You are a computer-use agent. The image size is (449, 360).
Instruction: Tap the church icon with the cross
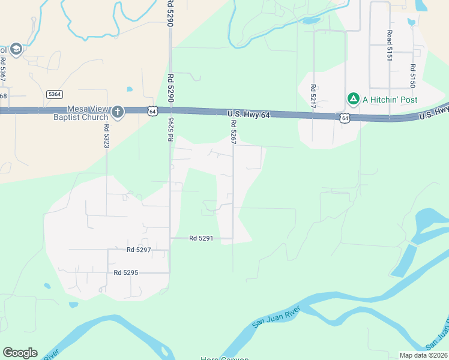tap(117, 112)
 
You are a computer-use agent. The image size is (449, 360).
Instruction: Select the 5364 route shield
tap(55, 94)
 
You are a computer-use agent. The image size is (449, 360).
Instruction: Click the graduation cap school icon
tap(16, 49)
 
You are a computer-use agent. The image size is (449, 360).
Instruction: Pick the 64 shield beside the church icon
tap(152, 110)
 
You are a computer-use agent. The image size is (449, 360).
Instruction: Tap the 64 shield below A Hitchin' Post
tap(345, 118)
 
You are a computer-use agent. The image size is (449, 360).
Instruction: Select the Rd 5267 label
tap(233, 131)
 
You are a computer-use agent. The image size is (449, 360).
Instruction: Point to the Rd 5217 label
tap(313, 96)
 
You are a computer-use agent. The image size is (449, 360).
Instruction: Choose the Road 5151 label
tap(389, 46)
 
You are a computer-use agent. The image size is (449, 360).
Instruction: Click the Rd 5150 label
tap(413, 76)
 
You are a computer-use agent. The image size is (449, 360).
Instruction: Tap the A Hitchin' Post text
tap(390, 100)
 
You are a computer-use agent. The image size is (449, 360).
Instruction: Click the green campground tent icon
tap(354, 99)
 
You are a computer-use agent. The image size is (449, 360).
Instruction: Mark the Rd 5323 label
tap(106, 136)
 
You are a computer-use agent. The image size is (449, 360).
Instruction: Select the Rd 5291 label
tap(201, 238)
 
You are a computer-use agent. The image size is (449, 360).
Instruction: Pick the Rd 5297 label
tap(139, 250)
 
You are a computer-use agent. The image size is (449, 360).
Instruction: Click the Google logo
tap(20, 353)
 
